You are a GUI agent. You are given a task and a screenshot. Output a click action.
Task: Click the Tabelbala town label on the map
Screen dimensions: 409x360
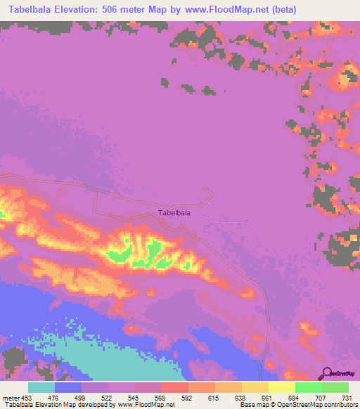pos(175,212)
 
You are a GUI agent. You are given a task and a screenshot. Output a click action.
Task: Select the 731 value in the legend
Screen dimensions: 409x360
pos(347,397)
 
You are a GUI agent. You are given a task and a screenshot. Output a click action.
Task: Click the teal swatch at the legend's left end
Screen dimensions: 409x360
pos(41,387)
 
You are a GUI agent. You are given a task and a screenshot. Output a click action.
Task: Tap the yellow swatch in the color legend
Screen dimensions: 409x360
pos(281,387)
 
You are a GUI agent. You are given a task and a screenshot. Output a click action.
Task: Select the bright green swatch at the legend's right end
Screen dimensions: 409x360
pos(335,387)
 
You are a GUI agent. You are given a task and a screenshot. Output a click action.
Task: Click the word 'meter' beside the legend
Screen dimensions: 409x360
pos(8,397)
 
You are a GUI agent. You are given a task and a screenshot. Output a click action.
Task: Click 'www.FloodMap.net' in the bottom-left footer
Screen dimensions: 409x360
pos(145,405)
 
